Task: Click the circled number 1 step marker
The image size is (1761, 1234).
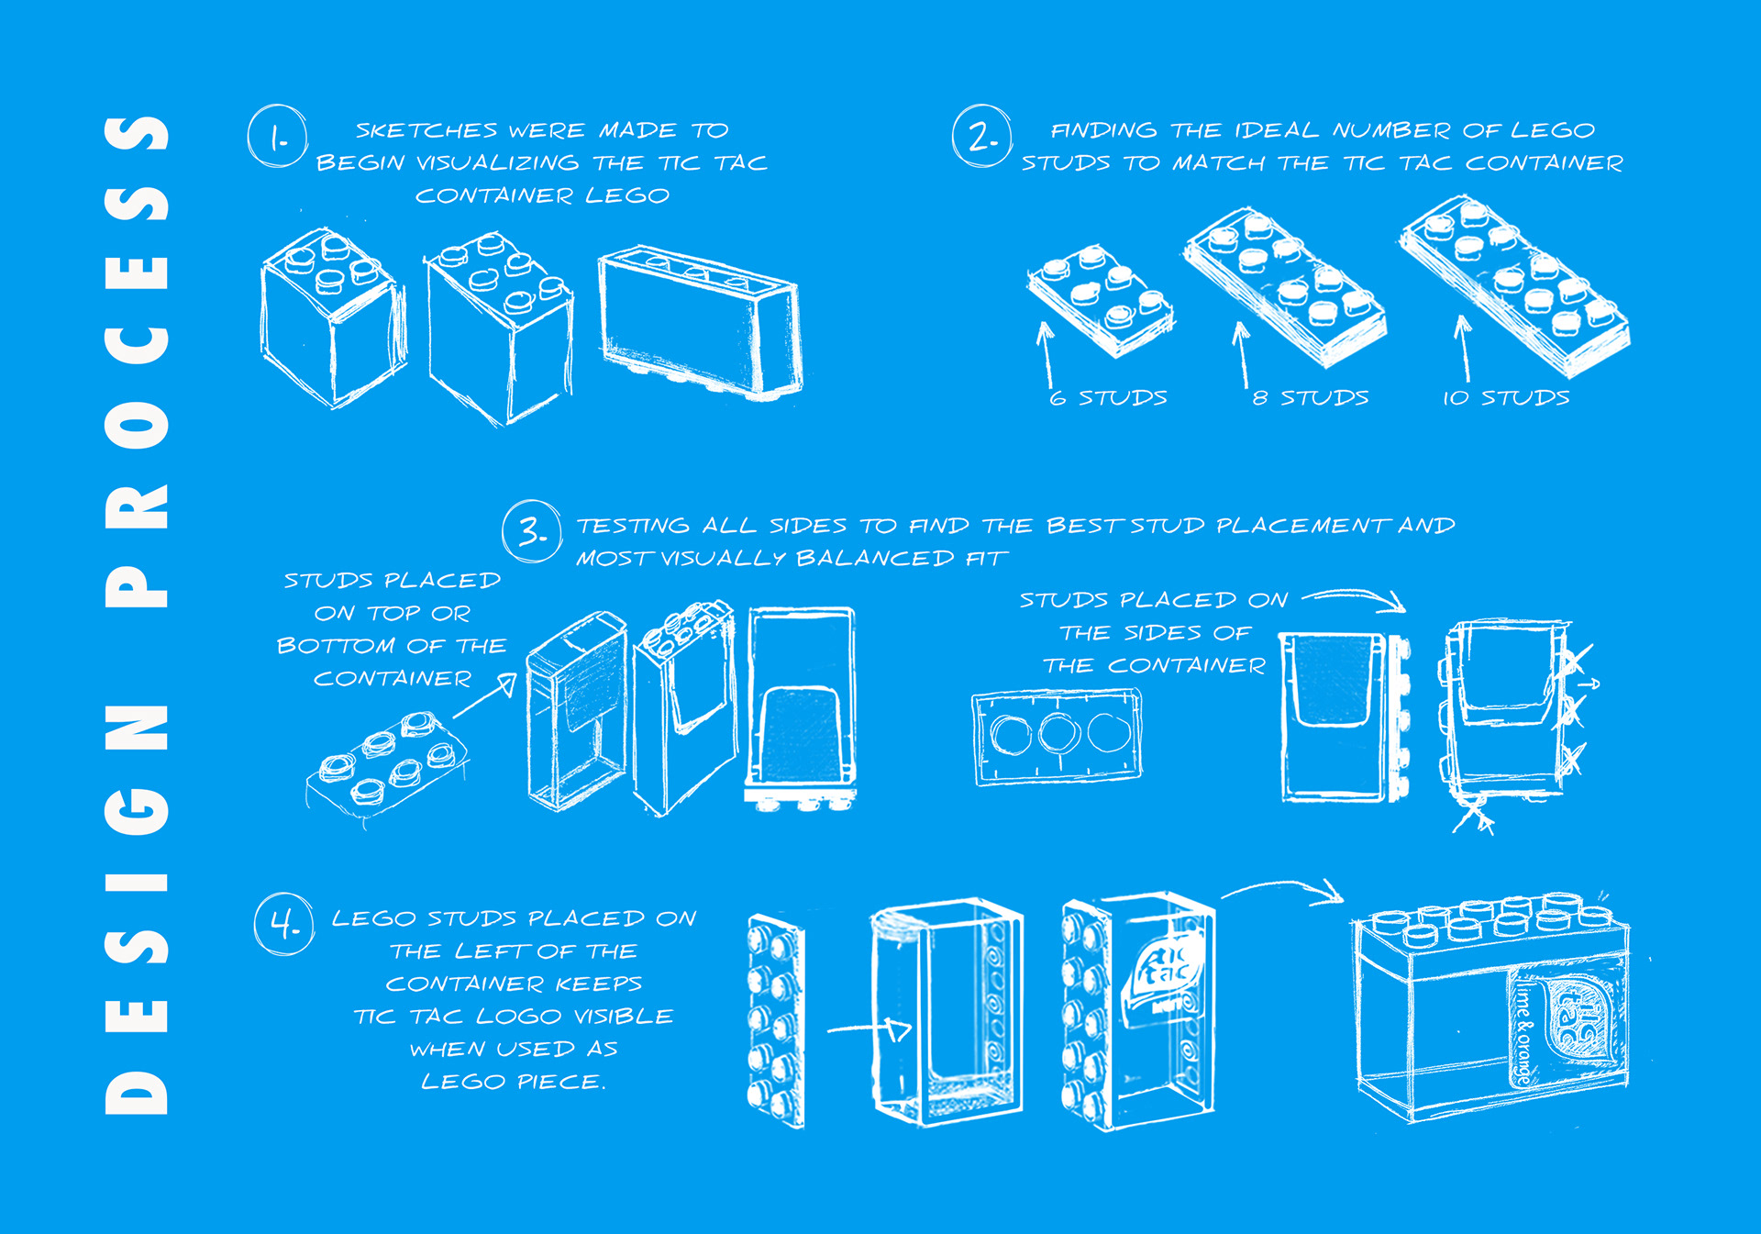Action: click(x=277, y=136)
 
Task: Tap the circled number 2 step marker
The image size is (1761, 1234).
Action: click(x=982, y=136)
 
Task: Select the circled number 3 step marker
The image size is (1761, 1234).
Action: click(x=532, y=531)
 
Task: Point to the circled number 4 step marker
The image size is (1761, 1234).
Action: click(x=284, y=924)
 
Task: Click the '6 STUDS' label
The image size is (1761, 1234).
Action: click(x=1108, y=397)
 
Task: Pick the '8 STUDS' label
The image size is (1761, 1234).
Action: click(x=1311, y=397)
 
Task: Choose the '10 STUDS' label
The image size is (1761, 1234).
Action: click(x=1506, y=397)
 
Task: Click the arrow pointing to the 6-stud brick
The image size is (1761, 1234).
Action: click(x=1046, y=354)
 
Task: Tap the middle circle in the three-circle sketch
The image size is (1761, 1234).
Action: click(x=1058, y=734)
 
